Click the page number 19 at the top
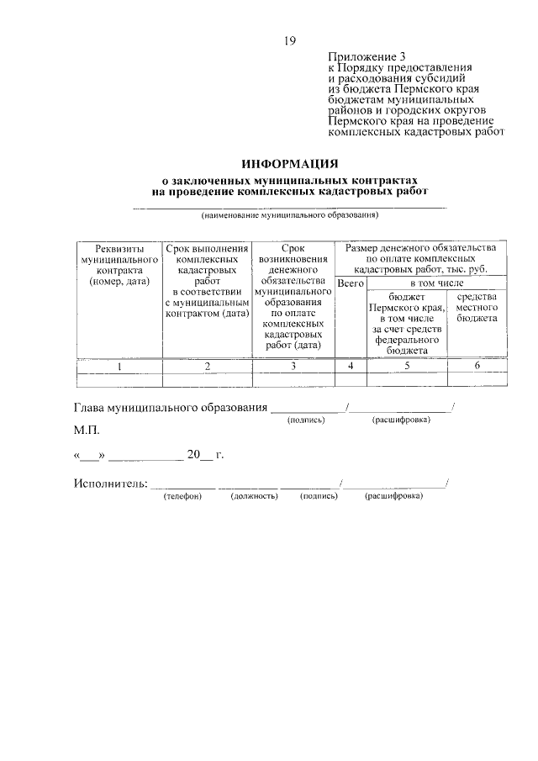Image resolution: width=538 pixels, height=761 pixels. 290,40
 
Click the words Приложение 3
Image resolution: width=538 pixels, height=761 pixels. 363,55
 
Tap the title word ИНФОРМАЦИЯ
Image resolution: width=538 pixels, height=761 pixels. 289,163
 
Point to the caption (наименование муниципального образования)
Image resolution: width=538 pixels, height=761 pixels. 289,215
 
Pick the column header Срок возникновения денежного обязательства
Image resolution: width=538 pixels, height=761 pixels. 293,296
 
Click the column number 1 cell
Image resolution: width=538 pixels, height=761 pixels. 119,366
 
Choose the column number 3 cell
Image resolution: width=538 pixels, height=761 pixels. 293,366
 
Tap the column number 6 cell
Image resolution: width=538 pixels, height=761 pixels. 477,366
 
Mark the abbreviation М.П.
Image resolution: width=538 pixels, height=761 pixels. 86,431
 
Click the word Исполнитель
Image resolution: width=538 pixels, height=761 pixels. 110,483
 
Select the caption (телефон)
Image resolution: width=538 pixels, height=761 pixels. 182,496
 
